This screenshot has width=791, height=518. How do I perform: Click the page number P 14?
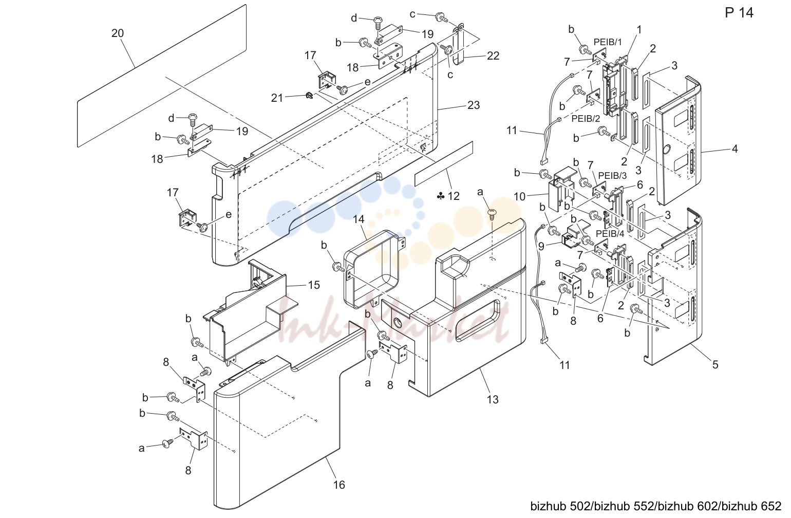click(739, 13)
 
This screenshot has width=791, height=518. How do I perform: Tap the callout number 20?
click(118, 33)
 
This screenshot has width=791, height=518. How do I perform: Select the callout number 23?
click(474, 105)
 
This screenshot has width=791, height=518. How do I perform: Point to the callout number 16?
click(339, 485)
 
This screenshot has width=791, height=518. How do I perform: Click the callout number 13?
click(493, 399)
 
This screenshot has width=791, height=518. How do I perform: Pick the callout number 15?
click(314, 285)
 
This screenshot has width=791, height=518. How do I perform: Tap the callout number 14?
click(359, 219)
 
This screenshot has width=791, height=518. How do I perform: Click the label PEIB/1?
click(608, 42)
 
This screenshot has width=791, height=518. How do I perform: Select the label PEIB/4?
click(610, 233)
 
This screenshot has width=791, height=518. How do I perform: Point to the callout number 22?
click(493, 56)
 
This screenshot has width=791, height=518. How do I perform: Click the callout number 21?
click(277, 98)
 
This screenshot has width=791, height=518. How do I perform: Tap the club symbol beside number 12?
click(441, 196)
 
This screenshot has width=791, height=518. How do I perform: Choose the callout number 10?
click(519, 196)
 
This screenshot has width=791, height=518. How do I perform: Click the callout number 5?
click(715, 364)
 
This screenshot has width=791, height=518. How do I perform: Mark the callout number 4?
click(735, 149)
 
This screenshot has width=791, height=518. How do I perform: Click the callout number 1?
click(639, 30)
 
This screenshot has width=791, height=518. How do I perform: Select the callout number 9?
click(541, 246)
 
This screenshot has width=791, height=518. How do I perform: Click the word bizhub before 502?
click(549, 506)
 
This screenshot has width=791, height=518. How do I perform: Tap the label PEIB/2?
click(586, 119)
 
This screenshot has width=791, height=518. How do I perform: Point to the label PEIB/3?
click(613, 175)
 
